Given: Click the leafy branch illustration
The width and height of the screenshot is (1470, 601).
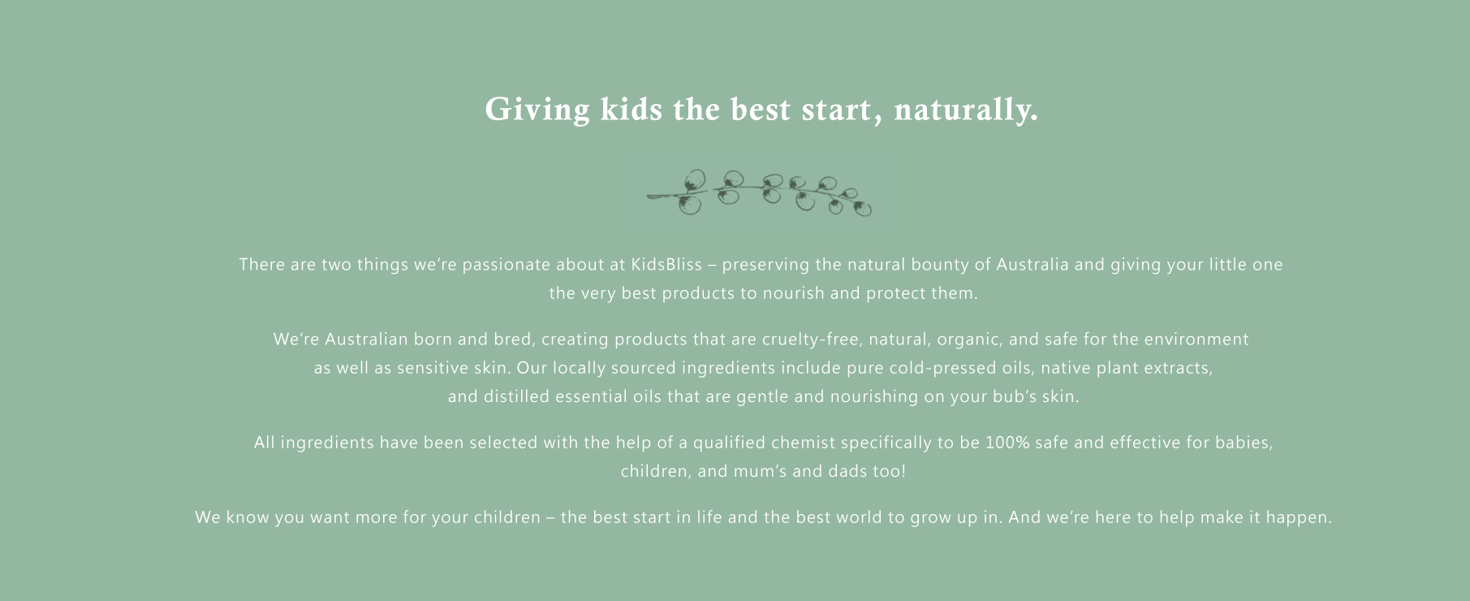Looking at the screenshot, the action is coord(759,193).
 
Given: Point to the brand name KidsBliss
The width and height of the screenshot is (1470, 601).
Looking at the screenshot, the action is coord(666,265).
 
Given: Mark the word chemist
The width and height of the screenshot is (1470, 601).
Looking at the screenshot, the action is coord(803,443).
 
